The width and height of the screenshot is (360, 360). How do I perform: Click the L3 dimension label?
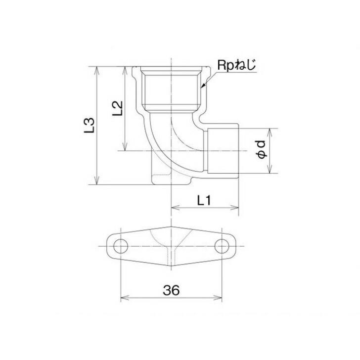(x=90, y=126)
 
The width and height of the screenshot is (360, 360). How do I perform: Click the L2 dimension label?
(x=118, y=108)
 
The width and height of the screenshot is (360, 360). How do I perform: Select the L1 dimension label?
(x=204, y=200)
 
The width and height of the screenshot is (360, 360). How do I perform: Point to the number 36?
(x=170, y=290)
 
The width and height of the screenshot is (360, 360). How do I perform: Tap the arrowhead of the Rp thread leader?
(x=202, y=86)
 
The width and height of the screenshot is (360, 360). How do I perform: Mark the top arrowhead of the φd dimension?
(x=270, y=131)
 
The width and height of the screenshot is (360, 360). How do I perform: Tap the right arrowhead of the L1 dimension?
(x=236, y=208)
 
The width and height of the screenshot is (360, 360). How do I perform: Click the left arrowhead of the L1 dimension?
(x=174, y=208)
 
